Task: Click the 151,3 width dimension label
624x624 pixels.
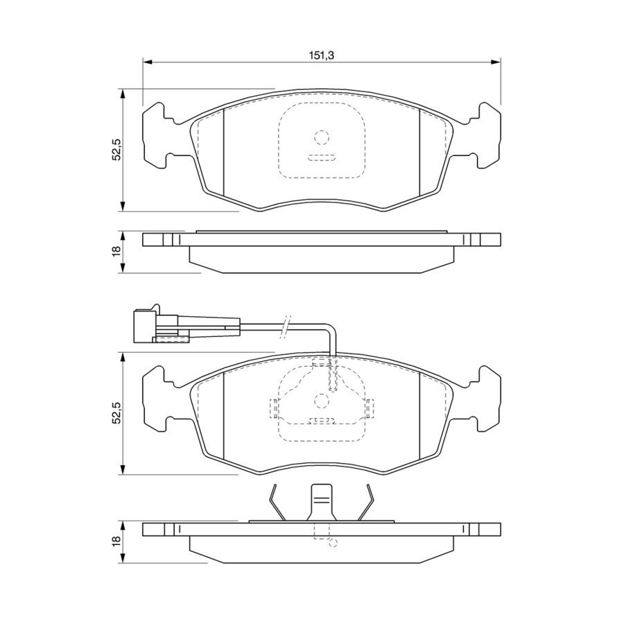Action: click(x=321, y=55)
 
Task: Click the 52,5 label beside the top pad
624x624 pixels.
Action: click(x=116, y=149)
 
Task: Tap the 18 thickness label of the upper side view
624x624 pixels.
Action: click(x=116, y=251)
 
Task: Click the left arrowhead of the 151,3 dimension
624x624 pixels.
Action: click(x=147, y=62)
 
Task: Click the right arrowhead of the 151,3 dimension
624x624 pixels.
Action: click(x=496, y=62)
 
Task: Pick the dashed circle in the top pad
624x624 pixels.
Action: click(x=322, y=137)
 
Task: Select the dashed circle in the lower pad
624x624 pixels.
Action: click(x=322, y=401)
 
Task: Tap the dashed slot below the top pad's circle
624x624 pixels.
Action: click(x=322, y=157)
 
